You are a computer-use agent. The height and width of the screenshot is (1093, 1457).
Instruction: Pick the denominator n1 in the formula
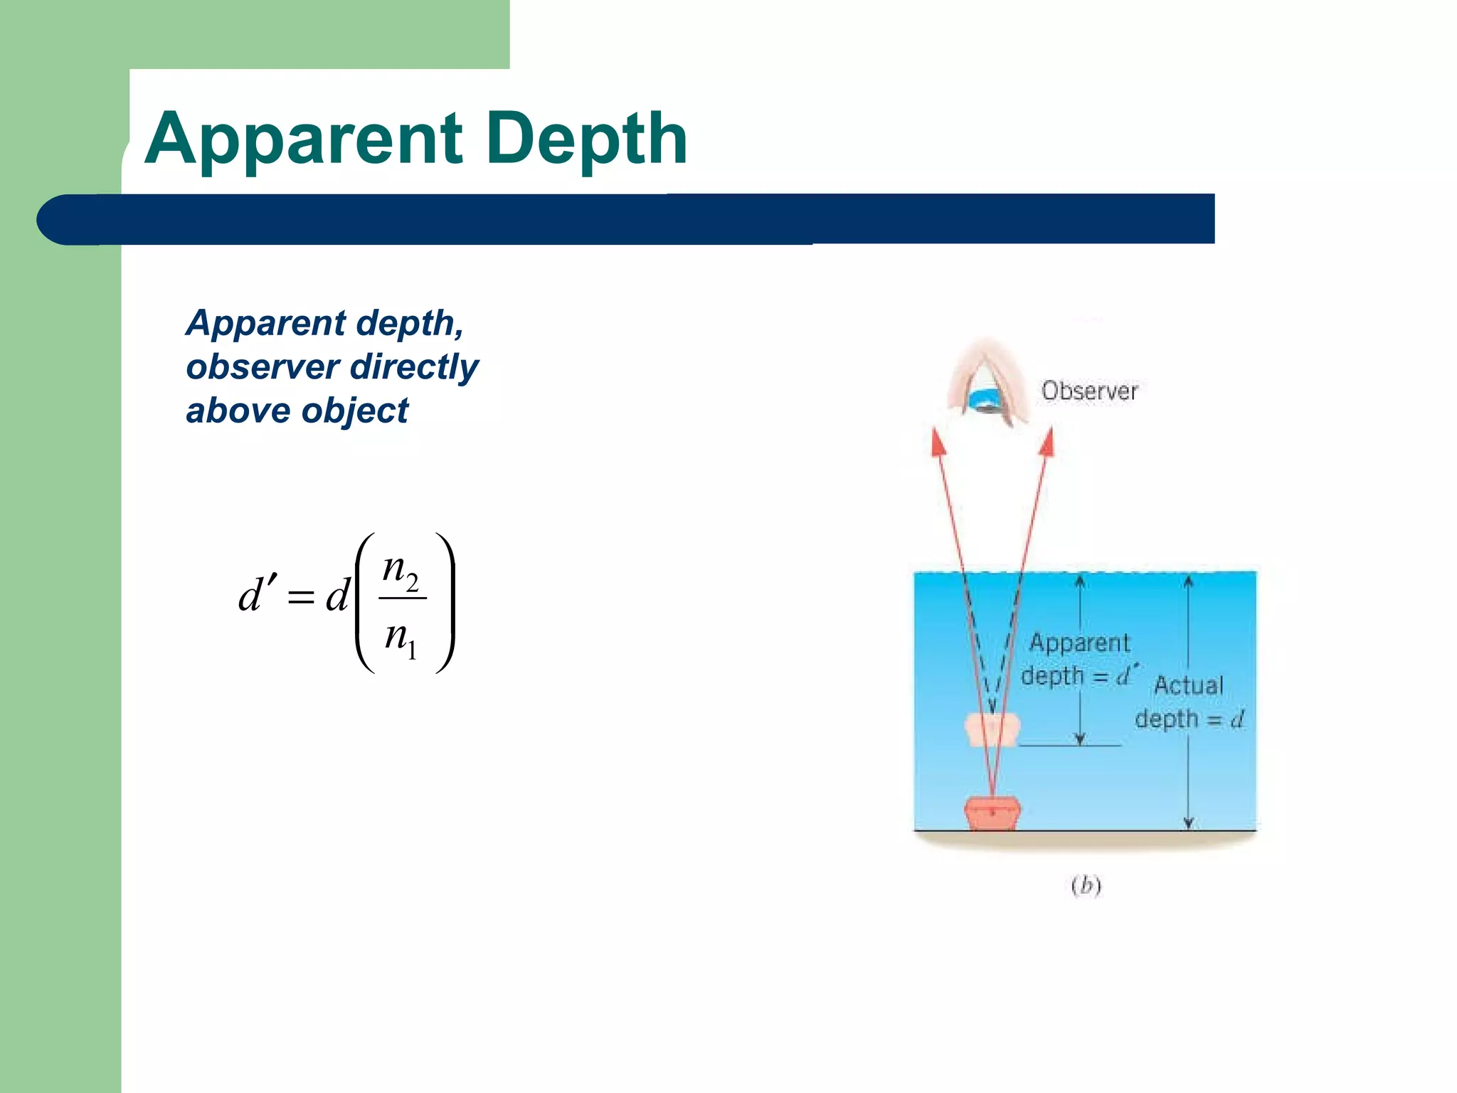[x=401, y=635]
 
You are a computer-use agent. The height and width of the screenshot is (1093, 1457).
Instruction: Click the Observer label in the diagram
[x=1089, y=391]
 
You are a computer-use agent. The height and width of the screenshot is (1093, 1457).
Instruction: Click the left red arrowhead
[x=938, y=442]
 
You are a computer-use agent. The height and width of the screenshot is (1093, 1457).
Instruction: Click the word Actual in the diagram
[x=1188, y=685]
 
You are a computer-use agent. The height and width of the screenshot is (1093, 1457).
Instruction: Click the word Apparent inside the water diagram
[x=1079, y=643]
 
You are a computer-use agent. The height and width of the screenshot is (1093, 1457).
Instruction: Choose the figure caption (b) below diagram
[x=1086, y=885]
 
